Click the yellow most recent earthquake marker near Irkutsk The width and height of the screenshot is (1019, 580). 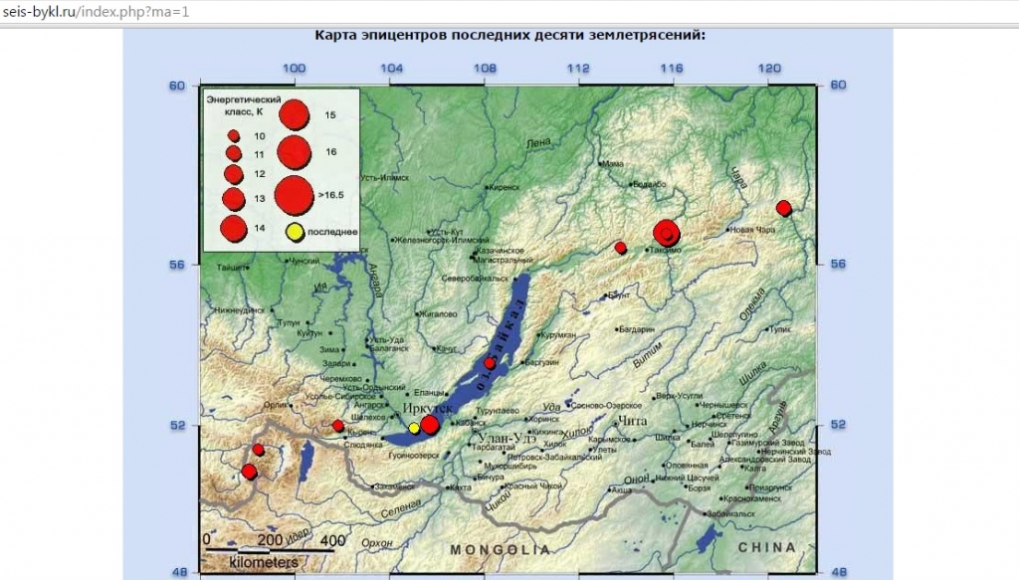(414, 428)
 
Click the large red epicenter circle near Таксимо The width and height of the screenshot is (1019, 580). (667, 233)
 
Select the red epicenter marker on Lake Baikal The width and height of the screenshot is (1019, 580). (490, 363)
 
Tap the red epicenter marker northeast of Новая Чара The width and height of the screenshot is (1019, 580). (783, 208)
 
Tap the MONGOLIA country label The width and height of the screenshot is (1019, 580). (499, 549)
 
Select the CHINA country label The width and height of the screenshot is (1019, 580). (766, 547)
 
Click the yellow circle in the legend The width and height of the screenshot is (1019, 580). (295, 233)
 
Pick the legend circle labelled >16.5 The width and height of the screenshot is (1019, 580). (294, 195)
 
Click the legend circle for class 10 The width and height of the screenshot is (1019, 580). (234, 135)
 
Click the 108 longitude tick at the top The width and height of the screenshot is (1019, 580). (485, 68)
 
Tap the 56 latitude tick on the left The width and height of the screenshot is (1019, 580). (176, 265)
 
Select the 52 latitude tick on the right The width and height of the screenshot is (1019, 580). (837, 425)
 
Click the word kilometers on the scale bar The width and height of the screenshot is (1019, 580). (263, 562)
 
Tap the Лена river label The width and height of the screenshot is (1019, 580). (537, 144)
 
